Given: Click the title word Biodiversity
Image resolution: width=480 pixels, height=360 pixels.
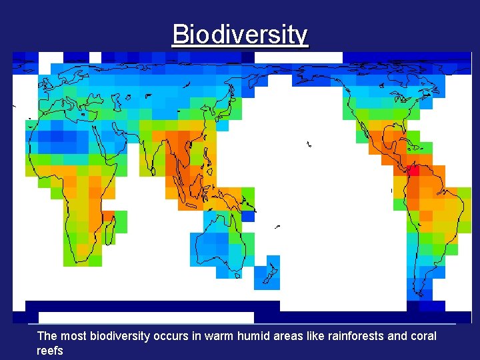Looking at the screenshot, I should [240, 34].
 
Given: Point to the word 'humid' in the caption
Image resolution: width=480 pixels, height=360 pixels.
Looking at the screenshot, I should [256, 336].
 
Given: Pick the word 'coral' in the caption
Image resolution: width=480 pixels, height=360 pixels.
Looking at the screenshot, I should [422, 336].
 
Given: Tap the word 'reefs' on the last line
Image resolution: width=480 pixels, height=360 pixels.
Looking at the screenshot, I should [50, 350].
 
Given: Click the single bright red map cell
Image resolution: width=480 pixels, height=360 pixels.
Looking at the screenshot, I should [413, 171].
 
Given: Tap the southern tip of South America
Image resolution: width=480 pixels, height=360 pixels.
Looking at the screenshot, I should [420, 293].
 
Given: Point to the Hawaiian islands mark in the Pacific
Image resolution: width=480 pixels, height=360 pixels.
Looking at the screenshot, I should [309, 143].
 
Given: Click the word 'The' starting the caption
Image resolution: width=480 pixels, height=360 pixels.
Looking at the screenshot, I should [47, 336].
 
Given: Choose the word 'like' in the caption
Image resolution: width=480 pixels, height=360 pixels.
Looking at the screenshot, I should [317, 336].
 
